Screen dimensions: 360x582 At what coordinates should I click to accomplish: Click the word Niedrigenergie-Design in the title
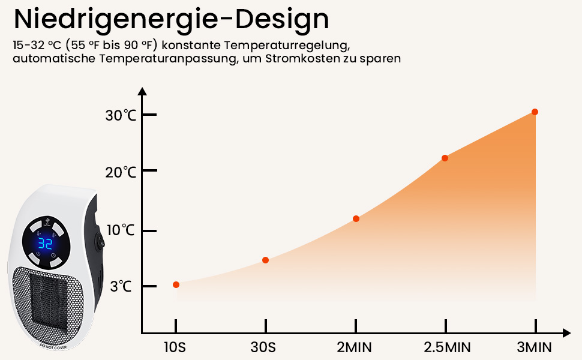172,19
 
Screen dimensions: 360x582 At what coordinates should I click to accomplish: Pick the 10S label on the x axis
176,347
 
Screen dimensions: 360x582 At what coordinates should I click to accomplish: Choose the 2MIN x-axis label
356,347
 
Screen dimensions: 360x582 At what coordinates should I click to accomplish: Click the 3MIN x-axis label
535,347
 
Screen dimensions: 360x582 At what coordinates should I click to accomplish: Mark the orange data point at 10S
176,284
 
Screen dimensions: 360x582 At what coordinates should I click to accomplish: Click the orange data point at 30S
265,260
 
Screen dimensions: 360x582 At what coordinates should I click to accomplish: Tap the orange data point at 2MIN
356,218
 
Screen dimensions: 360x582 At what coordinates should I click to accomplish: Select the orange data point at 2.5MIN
445,158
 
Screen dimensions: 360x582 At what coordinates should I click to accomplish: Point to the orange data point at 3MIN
535,112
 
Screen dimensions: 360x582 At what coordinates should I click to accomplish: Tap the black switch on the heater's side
100,244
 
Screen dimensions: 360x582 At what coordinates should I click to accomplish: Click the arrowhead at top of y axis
142,92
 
